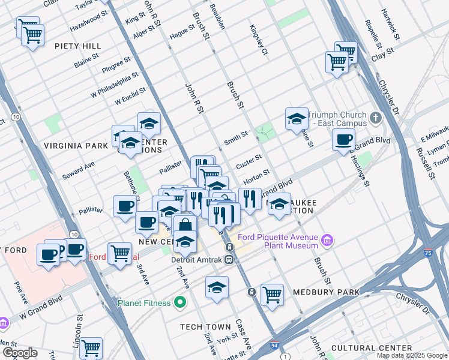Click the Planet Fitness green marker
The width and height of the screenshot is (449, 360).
179,302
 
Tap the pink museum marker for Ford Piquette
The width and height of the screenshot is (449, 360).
327,241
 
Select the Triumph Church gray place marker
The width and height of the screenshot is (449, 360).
376,118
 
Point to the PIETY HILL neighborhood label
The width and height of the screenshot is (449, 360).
77,46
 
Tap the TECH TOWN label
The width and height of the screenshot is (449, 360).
206,327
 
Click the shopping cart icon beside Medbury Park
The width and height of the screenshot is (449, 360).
272,295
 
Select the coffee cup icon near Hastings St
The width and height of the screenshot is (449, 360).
344,140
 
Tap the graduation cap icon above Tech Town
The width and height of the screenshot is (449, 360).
217,287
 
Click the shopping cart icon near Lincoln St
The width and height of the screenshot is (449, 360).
91,347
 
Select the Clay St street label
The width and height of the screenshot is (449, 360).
382,52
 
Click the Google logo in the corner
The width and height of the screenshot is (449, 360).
20,353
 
